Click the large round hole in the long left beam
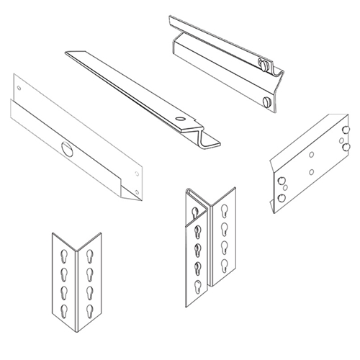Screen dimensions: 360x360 pyautogui.click(x=67, y=150)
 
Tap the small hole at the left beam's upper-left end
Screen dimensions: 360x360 pyautogui.click(x=19, y=89)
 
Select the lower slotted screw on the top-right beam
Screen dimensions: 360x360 pyautogui.click(x=267, y=102)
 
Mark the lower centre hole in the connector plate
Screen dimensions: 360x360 pyautogui.click(x=310, y=172)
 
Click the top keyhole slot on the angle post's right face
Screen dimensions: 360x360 pyautogui.click(x=90, y=256)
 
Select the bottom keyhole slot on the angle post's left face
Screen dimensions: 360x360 pyautogui.click(x=60, y=311)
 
